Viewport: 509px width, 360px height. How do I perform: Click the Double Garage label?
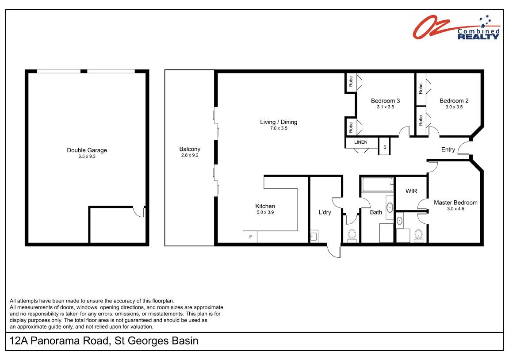point(87,150)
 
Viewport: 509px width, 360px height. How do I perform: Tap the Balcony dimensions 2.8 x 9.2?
point(190,155)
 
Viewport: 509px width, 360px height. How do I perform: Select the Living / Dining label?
point(279,122)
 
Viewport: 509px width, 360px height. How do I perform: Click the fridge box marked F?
point(250,237)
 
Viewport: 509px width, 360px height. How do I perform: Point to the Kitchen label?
point(265,206)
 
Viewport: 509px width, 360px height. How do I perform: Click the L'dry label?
point(325,212)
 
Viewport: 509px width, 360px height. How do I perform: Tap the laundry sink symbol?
point(314,236)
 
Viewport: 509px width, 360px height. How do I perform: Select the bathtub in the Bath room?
point(378,185)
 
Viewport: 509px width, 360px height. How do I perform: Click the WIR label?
point(411,191)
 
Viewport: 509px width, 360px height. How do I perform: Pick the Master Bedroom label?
point(455,203)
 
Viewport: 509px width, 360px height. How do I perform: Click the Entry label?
point(448,149)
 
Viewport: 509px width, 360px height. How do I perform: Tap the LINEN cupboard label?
point(361,142)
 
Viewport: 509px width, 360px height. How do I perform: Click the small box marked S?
point(385,147)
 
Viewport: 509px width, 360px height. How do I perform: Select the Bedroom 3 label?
point(385,101)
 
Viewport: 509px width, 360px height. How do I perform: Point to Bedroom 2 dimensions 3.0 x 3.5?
point(454,107)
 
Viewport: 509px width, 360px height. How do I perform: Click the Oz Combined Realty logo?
point(456,27)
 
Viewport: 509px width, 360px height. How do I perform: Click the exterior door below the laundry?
point(334,251)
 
